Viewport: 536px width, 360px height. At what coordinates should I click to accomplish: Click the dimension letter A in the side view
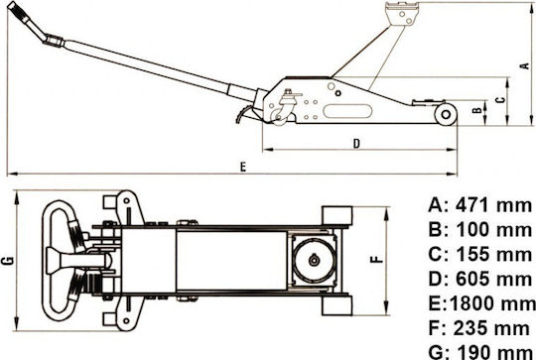[525, 65]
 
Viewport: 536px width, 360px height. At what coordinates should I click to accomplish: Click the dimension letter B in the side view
[477, 110]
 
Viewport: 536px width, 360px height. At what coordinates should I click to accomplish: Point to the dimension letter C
[500, 100]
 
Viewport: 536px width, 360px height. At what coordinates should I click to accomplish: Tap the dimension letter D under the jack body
[356, 144]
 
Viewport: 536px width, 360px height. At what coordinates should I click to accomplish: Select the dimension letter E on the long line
[243, 167]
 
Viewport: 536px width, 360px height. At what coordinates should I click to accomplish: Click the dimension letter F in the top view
[377, 259]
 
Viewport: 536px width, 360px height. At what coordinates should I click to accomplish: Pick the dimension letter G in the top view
[8, 260]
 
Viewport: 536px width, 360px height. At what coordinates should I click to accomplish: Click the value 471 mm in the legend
[493, 206]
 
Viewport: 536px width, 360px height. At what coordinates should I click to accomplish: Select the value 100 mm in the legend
[494, 230]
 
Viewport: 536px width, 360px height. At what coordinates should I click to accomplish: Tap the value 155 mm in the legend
[494, 255]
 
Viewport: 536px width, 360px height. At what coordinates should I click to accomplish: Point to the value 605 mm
[494, 280]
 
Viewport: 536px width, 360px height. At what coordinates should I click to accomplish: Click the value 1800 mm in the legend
[492, 303]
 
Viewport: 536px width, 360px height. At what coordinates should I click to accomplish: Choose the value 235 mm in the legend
[491, 328]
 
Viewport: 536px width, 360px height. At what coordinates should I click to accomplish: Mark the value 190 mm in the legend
[494, 352]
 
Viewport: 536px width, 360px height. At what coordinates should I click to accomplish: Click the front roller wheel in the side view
[446, 114]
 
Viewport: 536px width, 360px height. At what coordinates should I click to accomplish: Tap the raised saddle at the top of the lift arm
[402, 13]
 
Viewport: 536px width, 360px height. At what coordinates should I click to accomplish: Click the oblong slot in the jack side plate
[347, 111]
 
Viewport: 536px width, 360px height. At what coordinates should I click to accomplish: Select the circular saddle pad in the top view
[314, 260]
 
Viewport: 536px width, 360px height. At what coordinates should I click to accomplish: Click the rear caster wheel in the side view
[279, 116]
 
